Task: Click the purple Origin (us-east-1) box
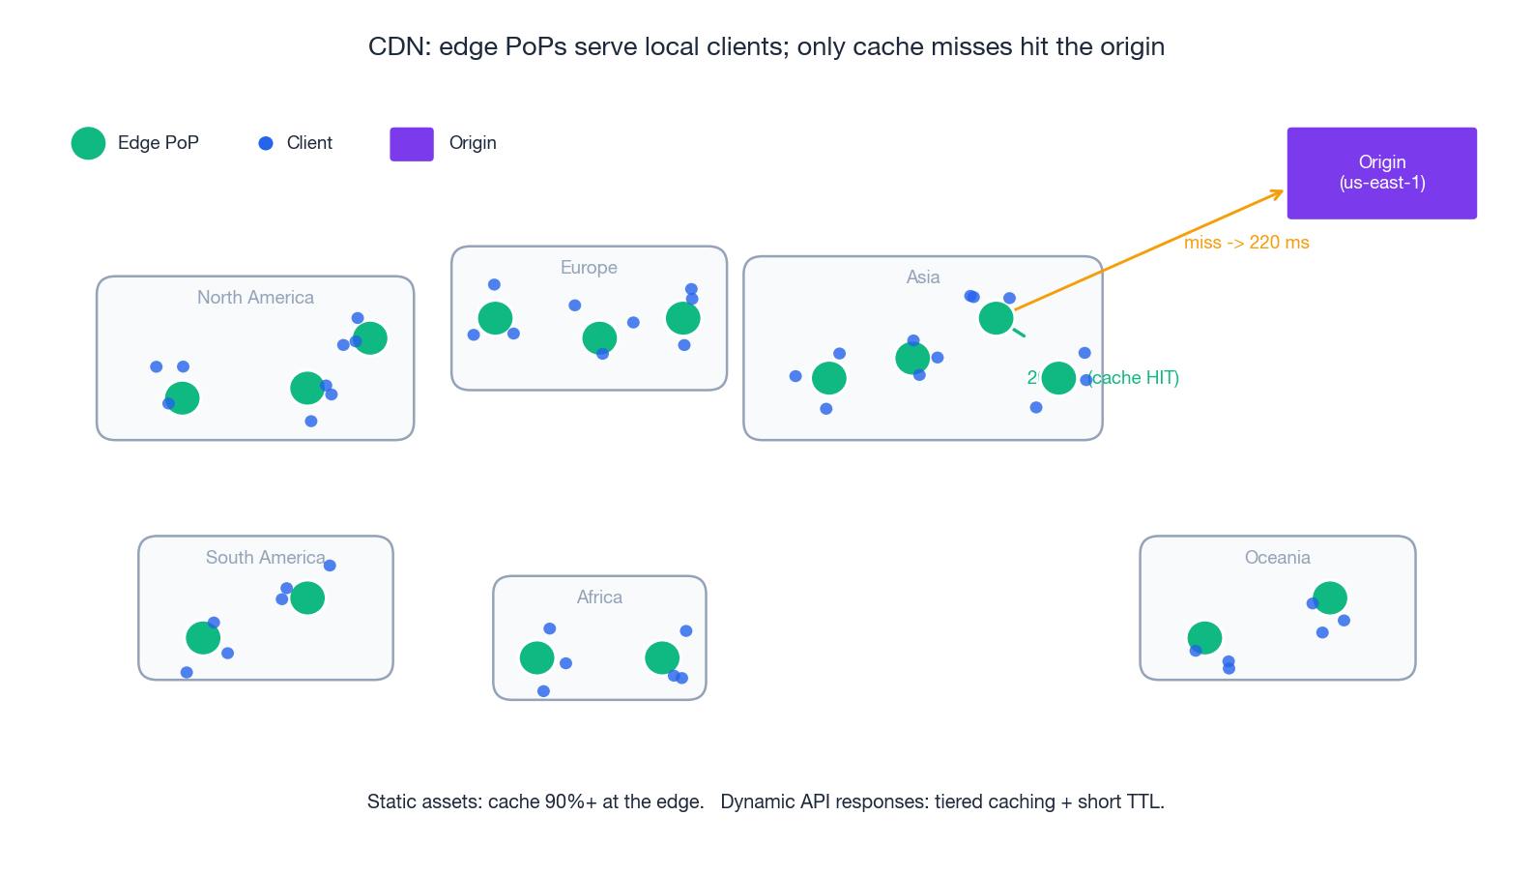1381,173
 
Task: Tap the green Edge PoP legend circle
88,143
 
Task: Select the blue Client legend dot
266,143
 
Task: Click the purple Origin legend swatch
412,144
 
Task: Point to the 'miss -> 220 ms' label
1246,243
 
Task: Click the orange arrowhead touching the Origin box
1278,193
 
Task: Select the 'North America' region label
255,298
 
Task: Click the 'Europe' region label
589,268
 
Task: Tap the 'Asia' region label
922,277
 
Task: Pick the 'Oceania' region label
1277,558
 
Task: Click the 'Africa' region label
599,597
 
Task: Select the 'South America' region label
265,558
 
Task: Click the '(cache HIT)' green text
1135,378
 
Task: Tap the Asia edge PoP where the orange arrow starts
996,318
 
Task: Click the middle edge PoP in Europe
599,338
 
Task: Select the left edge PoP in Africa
536,658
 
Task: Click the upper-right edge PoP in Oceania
1330,597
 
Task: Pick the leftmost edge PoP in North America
182,398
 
